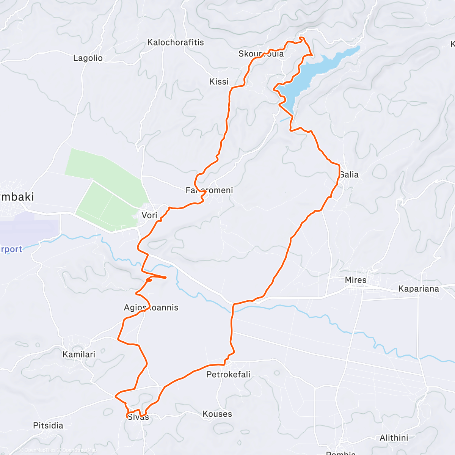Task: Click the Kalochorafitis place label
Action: point(176,42)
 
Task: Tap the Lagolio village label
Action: point(88,58)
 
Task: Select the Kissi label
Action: point(219,82)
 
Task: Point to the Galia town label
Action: point(349,174)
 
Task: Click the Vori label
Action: point(149,215)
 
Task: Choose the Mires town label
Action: point(356,280)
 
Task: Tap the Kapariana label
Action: point(419,289)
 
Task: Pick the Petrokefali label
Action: point(228,375)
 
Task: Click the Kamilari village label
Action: point(79,355)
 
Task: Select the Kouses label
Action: point(217,414)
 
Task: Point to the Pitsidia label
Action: point(48,425)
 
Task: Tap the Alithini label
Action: point(394,438)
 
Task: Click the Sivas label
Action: point(138,417)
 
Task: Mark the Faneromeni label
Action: point(209,190)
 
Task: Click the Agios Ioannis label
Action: point(151,308)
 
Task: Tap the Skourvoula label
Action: point(261,54)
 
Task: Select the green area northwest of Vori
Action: point(102,171)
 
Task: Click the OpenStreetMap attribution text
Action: point(79,450)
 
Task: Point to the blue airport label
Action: point(11,249)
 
